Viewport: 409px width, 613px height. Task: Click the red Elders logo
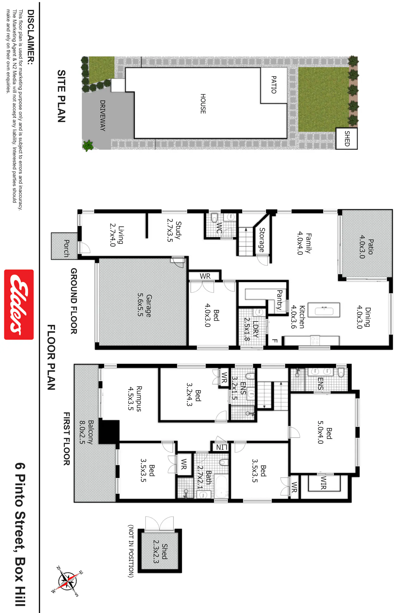(19, 305)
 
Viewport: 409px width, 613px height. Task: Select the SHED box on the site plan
(347, 138)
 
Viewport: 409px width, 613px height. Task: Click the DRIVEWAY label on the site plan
(103, 116)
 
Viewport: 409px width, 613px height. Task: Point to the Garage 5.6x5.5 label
(145, 305)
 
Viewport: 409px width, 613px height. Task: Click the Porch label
(66, 248)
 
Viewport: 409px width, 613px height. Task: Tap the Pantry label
(279, 300)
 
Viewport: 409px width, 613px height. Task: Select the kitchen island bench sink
(324, 310)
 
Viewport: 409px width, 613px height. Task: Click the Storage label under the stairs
(262, 240)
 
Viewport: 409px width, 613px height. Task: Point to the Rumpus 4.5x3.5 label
(135, 398)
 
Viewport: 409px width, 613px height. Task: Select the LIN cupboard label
(222, 447)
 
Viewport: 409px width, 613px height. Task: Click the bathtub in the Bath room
(221, 487)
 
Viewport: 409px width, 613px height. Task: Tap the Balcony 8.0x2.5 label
(86, 432)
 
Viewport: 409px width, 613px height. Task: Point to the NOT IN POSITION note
(131, 551)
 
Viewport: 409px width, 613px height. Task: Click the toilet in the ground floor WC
(214, 218)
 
